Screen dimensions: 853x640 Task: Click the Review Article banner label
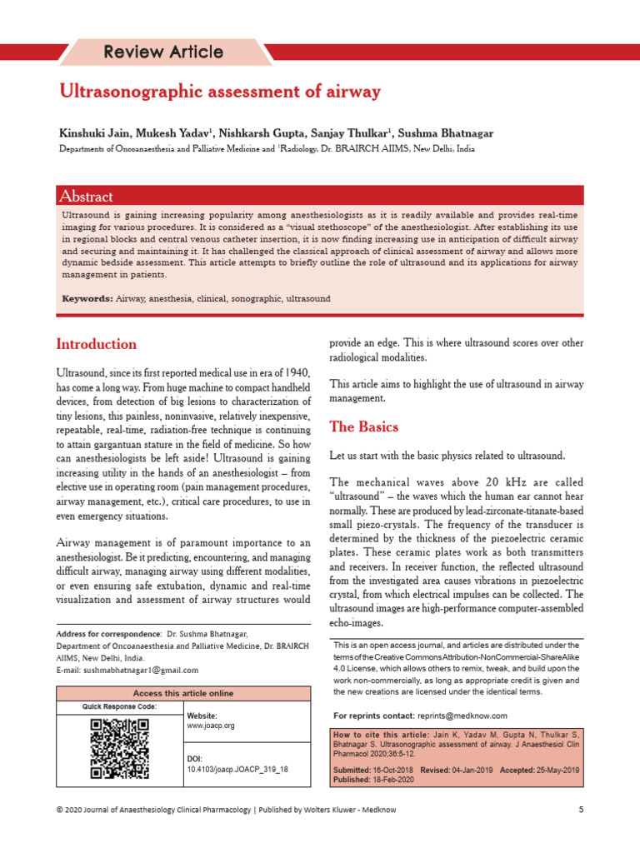163,52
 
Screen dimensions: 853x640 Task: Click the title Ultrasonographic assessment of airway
219,92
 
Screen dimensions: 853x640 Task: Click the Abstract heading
86,197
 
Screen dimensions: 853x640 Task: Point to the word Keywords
87,298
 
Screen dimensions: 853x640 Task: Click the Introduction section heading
96,344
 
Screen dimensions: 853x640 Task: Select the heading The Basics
364,427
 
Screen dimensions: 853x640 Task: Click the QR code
119,748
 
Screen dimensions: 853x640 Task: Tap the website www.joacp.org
211,726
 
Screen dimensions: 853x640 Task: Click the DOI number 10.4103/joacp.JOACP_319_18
237,770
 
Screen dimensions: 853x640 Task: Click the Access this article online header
183,693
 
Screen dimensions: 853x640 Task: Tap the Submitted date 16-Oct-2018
393,770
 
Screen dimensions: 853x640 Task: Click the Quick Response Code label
118,706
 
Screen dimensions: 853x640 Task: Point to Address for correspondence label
107,634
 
